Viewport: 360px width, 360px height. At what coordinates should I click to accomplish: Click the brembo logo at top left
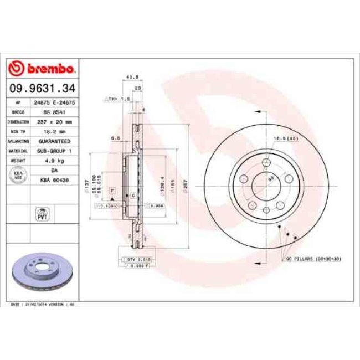pos(42,69)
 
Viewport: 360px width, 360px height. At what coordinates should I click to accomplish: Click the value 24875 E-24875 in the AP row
pos(54,102)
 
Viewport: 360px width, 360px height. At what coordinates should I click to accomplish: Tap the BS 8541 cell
pos(54,112)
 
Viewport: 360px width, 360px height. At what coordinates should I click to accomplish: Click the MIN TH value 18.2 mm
pos(54,132)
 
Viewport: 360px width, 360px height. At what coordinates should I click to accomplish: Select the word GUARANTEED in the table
pos(54,141)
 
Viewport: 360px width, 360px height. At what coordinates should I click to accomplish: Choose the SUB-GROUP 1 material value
pos(54,151)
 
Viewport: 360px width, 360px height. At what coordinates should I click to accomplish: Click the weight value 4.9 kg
pos(54,161)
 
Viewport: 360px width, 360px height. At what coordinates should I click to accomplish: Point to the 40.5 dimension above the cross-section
pos(132,77)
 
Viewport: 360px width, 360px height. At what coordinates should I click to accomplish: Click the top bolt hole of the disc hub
pos(266,162)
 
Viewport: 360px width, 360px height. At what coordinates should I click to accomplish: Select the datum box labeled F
pos(112,190)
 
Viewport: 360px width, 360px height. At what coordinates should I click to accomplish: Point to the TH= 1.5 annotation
pos(118,98)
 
